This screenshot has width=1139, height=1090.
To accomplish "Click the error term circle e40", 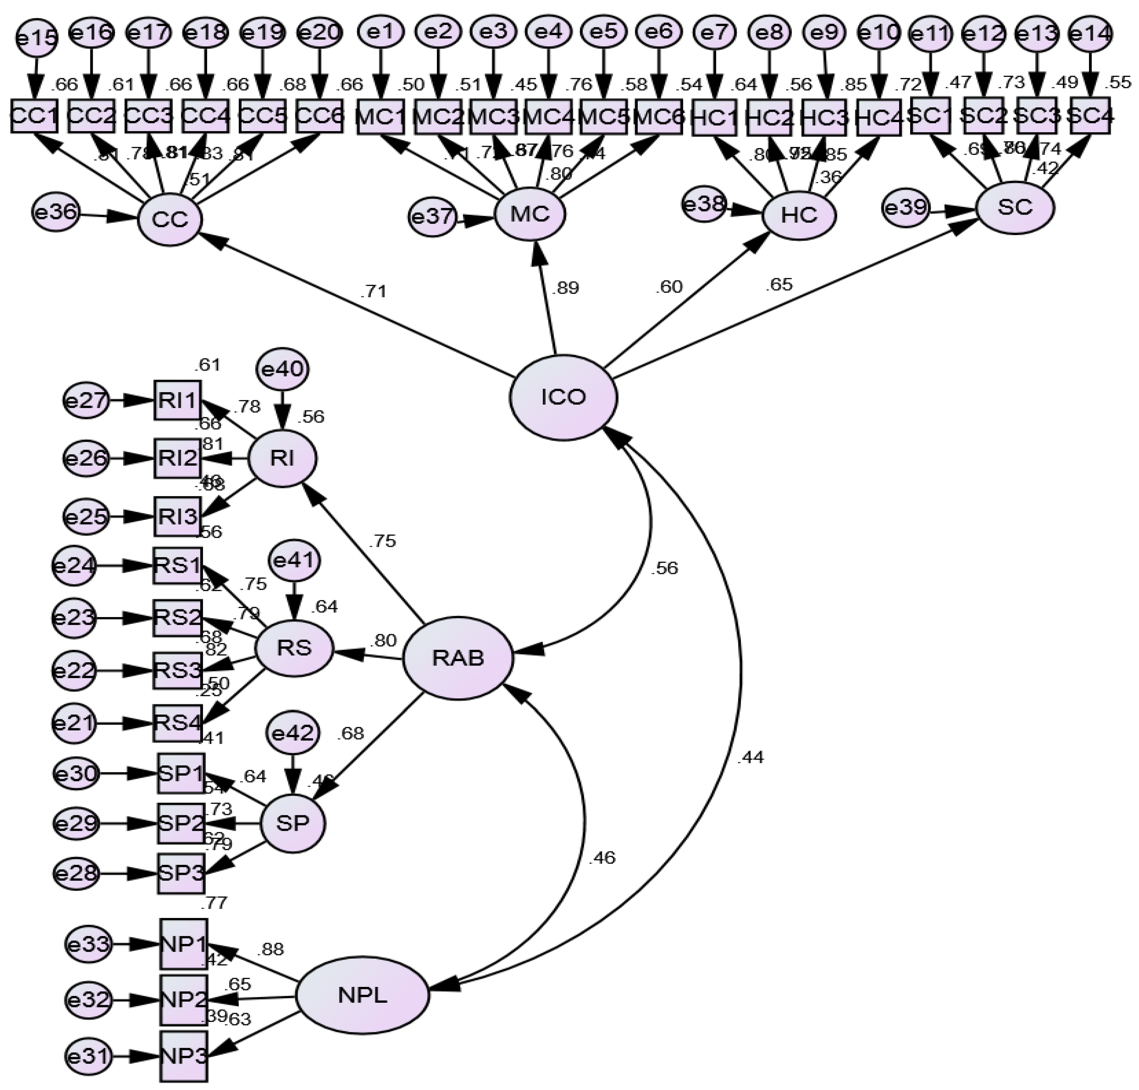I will coord(283,370).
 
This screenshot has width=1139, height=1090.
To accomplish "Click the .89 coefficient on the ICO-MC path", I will coord(565,288).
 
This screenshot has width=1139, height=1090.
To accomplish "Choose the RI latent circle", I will coord(283,458).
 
